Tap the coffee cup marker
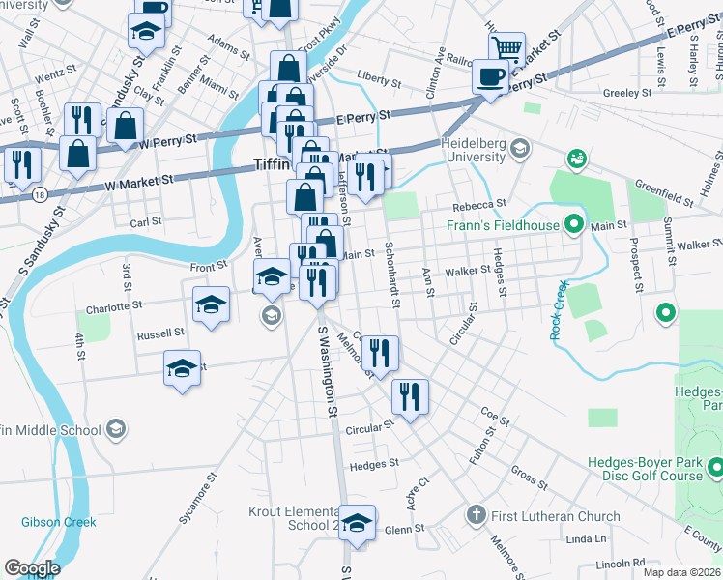pyautogui.click(x=490, y=77)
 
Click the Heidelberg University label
pyautogui.click(x=474, y=150)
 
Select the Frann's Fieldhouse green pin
pyautogui.click(x=573, y=226)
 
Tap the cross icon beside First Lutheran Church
pyautogui.click(x=475, y=515)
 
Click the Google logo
pyautogui.click(x=32, y=568)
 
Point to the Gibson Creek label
pyautogui.click(x=59, y=522)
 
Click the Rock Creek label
pyautogui.click(x=558, y=310)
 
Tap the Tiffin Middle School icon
pyautogui.click(x=115, y=429)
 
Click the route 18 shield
pyautogui.click(x=38, y=194)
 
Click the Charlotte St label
pyautogui.click(x=111, y=304)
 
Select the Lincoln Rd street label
pyautogui.click(x=620, y=562)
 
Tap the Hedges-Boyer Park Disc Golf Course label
pyautogui.click(x=655, y=469)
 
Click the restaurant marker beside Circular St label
pyautogui.click(x=410, y=396)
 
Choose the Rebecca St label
pyautogui.click(x=480, y=205)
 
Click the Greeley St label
pyautogui.click(x=625, y=94)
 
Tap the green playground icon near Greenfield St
pyautogui.click(x=577, y=157)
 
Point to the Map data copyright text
pyautogui.click(x=680, y=571)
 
